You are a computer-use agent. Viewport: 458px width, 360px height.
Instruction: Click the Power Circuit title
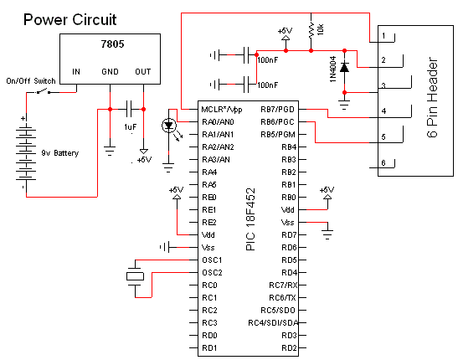(69, 20)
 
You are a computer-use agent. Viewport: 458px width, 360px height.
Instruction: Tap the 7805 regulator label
(112, 44)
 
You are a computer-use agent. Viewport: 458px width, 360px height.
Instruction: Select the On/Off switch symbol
(44, 91)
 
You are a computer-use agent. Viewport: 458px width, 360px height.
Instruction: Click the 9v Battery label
(60, 153)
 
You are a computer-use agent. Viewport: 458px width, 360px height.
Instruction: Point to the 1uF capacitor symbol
(129, 109)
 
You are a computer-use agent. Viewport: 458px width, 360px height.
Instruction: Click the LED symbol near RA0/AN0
(169, 126)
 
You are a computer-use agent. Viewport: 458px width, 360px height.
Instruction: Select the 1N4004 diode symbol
(344, 68)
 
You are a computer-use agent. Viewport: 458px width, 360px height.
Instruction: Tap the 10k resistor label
(321, 29)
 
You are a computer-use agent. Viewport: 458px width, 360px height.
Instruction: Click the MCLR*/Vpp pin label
(222, 110)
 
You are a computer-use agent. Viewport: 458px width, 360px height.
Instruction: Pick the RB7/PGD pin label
(277, 110)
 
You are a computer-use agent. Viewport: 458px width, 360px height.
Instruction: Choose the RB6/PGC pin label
(277, 122)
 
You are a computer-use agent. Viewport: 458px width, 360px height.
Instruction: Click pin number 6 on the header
(383, 162)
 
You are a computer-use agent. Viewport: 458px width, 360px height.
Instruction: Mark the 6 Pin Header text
(433, 97)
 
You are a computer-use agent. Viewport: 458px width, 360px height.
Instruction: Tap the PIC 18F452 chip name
(250, 219)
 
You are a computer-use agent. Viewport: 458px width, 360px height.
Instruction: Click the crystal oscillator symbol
(136, 276)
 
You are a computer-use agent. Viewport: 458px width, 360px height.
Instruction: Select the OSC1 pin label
(212, 260)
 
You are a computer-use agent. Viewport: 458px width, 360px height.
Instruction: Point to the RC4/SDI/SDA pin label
(273, 323)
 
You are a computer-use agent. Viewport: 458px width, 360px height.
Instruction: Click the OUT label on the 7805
(143, 72)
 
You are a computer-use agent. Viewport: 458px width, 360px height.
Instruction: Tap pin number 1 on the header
(383, 36)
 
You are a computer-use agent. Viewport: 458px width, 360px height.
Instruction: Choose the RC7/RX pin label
(283, 285)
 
